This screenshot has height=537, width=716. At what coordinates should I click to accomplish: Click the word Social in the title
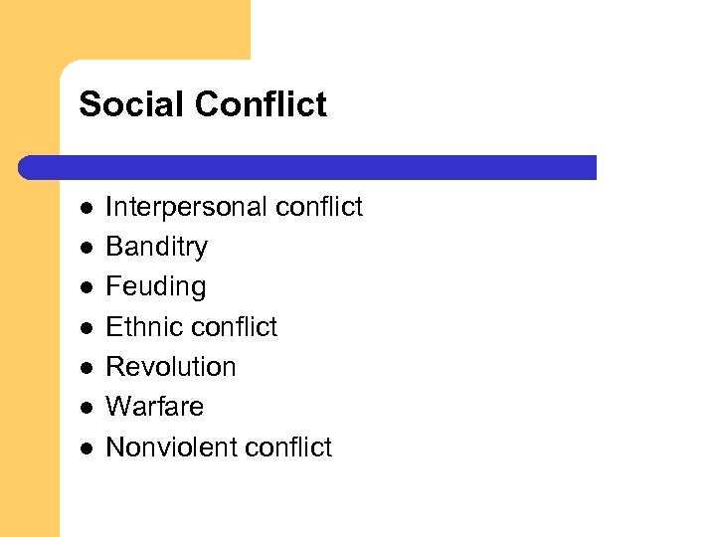pos(120,104)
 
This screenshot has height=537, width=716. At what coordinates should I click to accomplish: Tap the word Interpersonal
pos(186,207)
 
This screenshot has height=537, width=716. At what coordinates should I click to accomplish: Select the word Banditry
pos(156,247)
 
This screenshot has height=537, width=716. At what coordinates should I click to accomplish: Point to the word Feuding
pos(155,287)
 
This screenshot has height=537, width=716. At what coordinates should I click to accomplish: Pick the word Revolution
pos(170,367)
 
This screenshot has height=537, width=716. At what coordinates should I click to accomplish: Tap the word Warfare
pos(154,407)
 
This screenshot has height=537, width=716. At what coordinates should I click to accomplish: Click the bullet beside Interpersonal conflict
pos(87,209)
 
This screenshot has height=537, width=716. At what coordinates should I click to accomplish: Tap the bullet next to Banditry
pos(87,249)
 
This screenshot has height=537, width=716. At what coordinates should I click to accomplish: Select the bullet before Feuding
pos(87,288)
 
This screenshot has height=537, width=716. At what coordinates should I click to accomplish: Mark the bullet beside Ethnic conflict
pos(87,328)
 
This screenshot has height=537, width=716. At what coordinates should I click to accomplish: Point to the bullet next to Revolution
pos(87,368)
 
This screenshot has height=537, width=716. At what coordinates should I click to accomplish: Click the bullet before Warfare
pos(87,408)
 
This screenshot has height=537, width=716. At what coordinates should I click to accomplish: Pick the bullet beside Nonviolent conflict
pos(87,448)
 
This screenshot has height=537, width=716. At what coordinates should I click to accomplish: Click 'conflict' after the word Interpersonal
pos(319,207)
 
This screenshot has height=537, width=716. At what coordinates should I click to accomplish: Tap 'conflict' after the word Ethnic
pos(234,327)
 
